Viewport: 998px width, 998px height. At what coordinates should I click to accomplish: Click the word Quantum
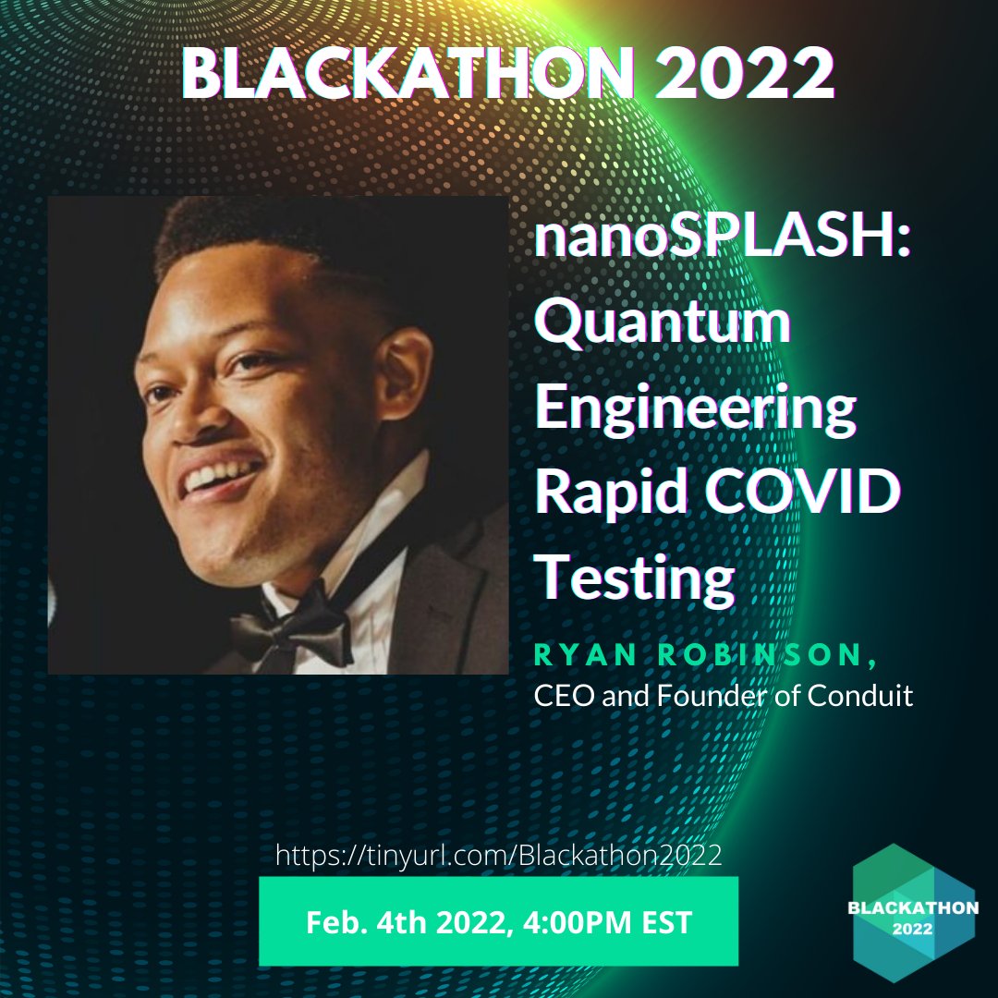tap(663, 325)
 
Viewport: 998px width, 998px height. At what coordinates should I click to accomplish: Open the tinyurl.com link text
tap(498, 853)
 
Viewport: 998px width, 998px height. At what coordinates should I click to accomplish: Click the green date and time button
tap(498, 921)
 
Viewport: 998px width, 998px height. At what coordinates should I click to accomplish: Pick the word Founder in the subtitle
tap(712, 695)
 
